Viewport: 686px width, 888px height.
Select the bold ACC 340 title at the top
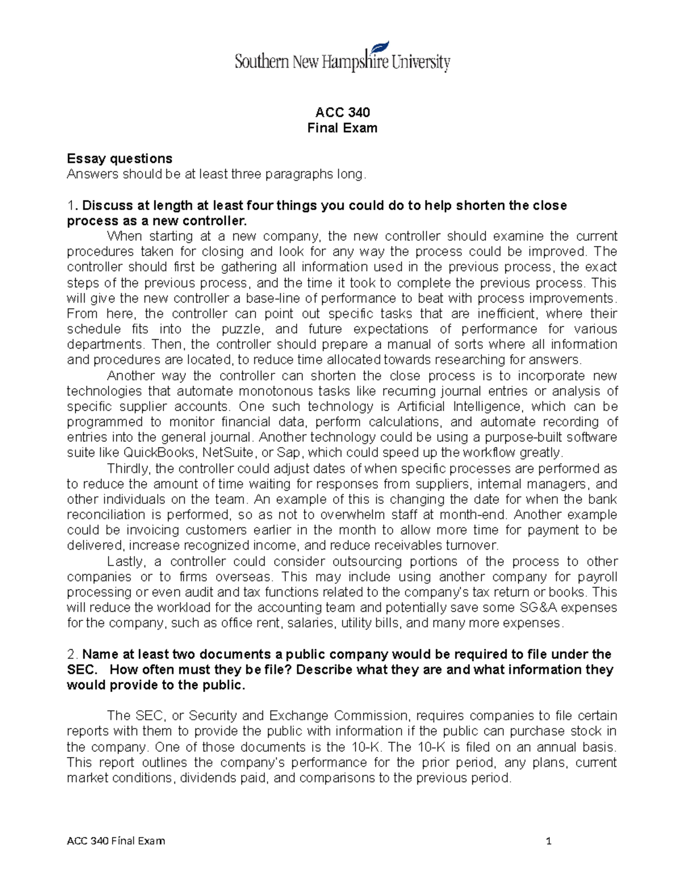pos(342,112)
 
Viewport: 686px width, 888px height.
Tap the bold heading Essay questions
pos(119,158)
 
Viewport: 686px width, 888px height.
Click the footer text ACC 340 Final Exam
pos(116,841)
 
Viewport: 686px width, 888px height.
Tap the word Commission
pos(371,716)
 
